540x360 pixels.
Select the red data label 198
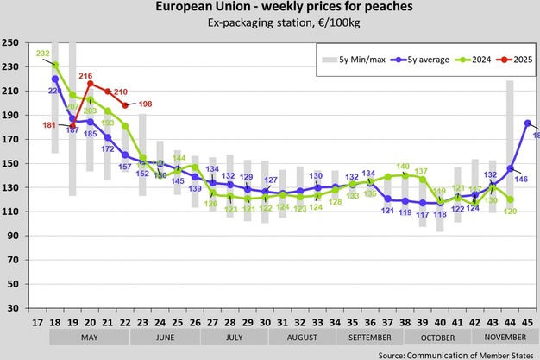click(144, 104)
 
